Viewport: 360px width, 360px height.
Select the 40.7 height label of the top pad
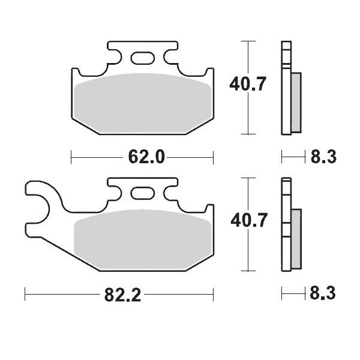point(245,86)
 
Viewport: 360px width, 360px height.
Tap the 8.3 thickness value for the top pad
point(323,158)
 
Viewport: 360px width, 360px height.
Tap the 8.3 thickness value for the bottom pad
point(323,295)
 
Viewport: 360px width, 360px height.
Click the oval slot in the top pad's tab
point(143,58)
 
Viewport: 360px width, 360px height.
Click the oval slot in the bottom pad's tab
point(143,194)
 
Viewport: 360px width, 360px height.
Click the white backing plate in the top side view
point(285,90)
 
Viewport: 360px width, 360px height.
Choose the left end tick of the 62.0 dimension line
point(71,158)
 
